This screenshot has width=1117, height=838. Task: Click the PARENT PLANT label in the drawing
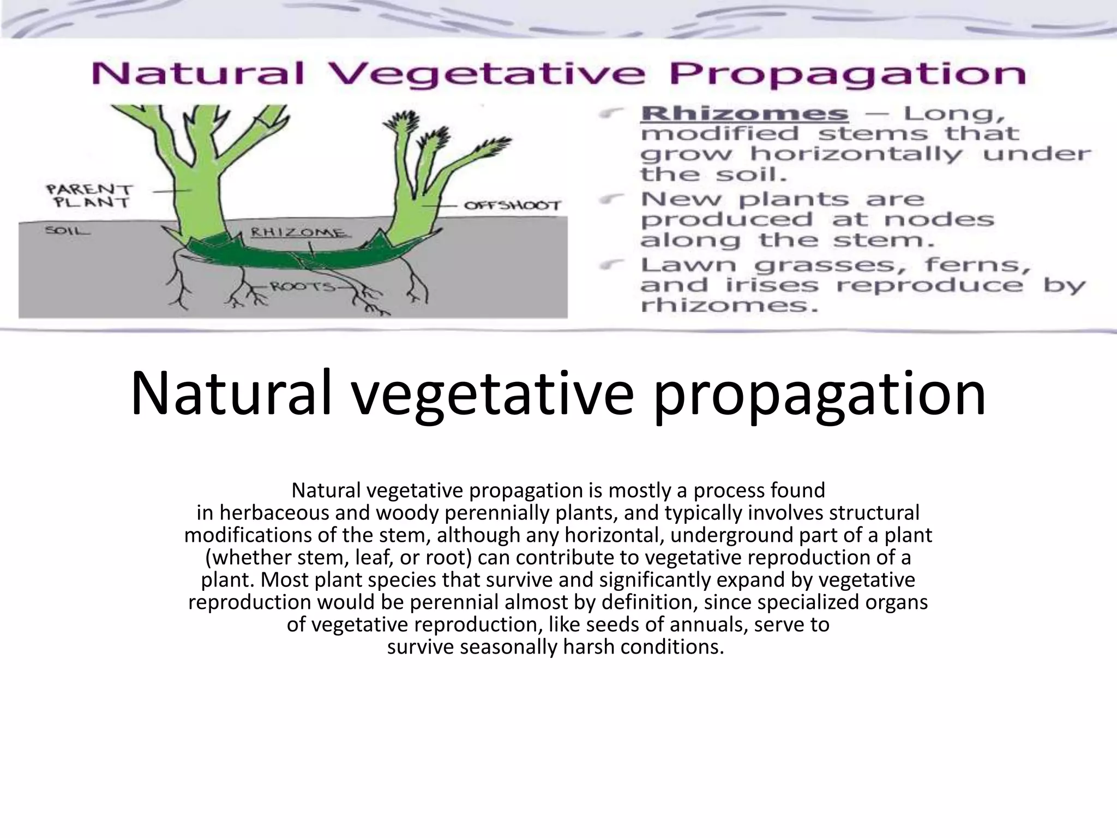pos(89,196)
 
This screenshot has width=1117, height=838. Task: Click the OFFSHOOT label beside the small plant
pos(512,206)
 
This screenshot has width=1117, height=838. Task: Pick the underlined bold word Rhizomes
pos(744,113)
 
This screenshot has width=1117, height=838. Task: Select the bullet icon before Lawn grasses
pos(609,265)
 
